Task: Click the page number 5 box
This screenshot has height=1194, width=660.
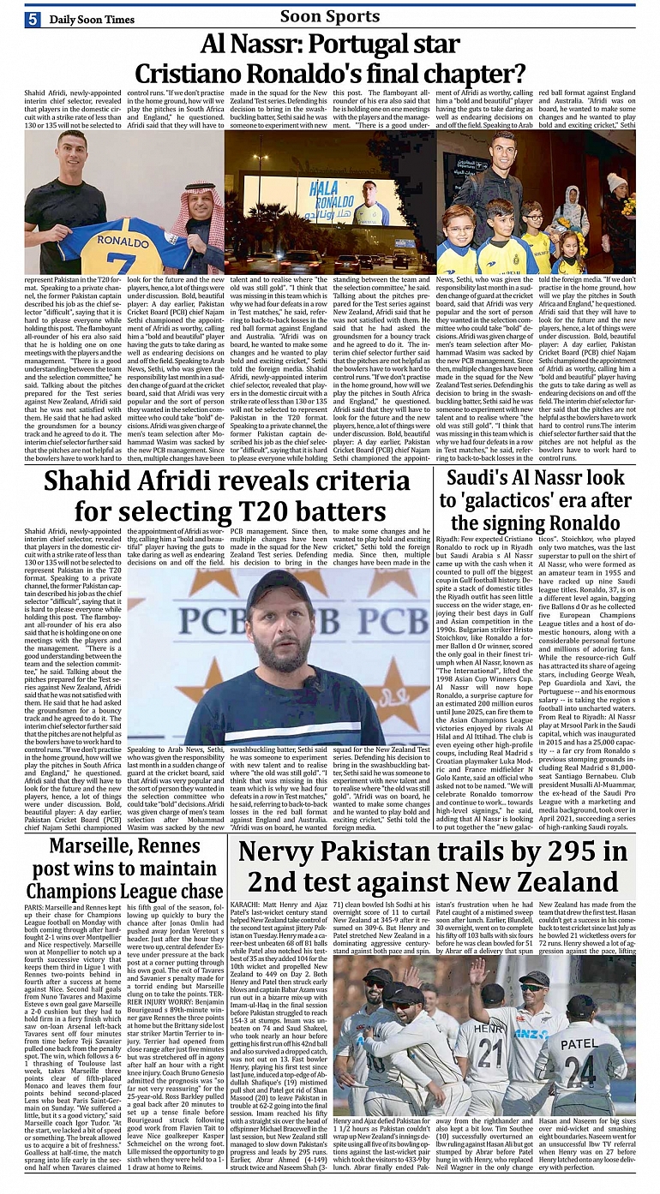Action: pos(33,19)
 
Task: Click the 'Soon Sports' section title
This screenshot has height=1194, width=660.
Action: pos(330,15)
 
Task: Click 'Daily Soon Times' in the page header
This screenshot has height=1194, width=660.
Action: pos(92,19)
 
